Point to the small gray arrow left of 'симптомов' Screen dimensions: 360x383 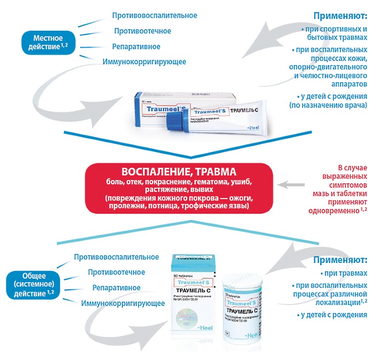(292, 184)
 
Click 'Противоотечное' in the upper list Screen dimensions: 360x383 (142, 31)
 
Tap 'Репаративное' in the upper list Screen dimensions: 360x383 (136, 46)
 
